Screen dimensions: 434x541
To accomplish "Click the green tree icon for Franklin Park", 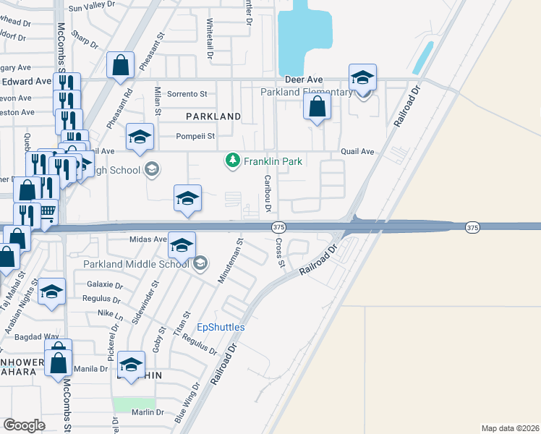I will (x=232, y=160).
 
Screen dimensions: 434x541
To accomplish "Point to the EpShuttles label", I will (x=221, y=327).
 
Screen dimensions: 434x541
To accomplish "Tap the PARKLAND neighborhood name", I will (x=213, y=116).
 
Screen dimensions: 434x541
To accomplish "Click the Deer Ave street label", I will (x=303, y=79).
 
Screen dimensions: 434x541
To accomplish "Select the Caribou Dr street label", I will (x=268, y=193).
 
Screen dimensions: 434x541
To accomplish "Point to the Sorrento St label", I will (x=187, y=94).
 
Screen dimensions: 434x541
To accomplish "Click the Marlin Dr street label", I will (x=149, y=412).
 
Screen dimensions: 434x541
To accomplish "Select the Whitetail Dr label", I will (x=210, y=38).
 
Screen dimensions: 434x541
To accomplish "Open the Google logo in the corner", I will (x=24, y=425).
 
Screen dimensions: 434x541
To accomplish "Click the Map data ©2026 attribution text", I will (x=510, y=428).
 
